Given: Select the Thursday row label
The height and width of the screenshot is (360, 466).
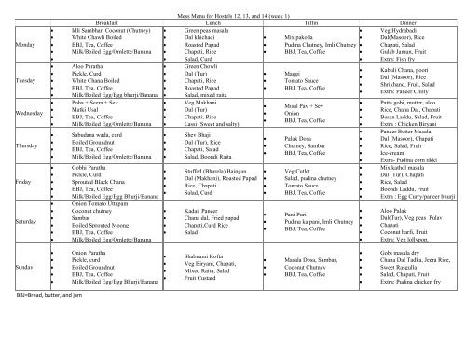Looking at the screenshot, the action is [25, 147].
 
